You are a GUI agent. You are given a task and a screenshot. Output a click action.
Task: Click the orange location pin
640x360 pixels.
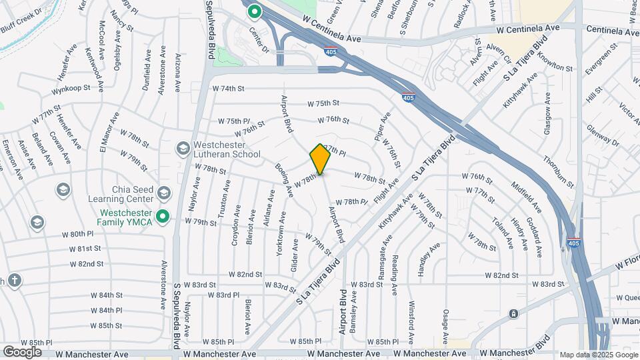click(x=320, y=159)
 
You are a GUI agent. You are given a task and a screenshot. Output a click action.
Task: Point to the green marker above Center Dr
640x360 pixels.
click(x=253, y=11)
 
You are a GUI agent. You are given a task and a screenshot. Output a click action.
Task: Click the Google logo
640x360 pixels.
click(x=22, y=352)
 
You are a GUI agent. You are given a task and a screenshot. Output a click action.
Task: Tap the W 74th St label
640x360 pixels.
click(x=229, y=88)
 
